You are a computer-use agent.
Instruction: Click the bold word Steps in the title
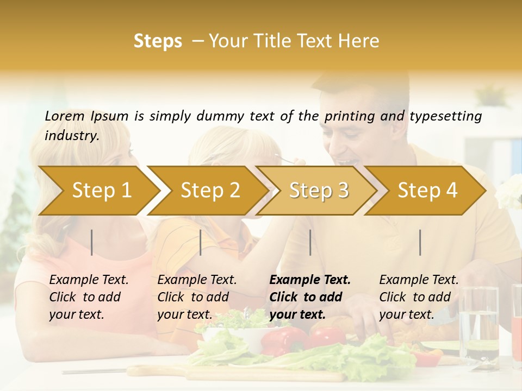[x=158, y=41]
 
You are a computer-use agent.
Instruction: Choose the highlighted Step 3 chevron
[x=319, y=190]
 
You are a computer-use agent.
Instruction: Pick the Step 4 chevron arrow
[x=427, y=190]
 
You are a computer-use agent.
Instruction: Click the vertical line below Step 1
[x=92, y=242]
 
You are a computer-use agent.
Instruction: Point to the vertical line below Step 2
[x=201, y=242]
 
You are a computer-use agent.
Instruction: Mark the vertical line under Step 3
[x=310, y=242]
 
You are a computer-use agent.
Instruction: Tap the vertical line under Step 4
[x=420, y=242]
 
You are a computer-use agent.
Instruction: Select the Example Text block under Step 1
[x=89, y=297]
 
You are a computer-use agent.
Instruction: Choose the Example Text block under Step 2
[x=197, y=297]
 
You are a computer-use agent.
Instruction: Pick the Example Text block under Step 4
[x=419, y=297]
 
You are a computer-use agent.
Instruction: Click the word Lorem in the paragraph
[x=65, y=116]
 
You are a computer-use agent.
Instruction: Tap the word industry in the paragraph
[x=72, y=135]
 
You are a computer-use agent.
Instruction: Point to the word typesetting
[x=445, y=116]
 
